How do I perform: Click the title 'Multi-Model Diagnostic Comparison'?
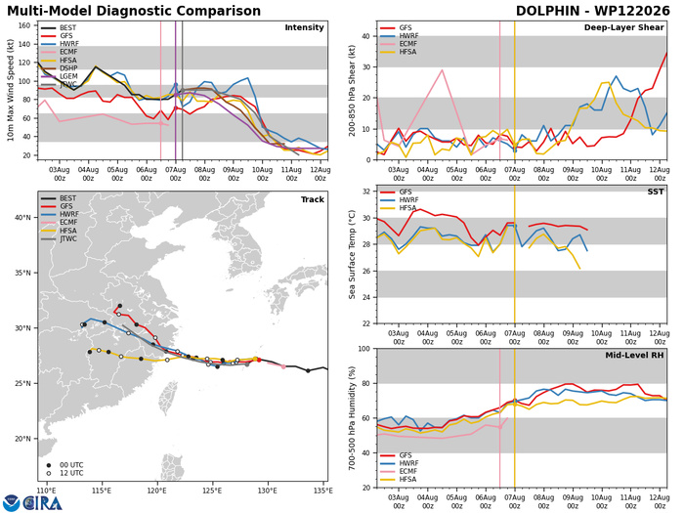[134, 11]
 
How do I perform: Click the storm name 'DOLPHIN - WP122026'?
[593, 11]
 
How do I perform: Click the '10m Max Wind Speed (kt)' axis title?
[11, 90]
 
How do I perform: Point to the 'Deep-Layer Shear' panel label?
[623, 27]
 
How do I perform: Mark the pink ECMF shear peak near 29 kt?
[443, 69]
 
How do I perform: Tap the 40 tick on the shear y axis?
[365, 36]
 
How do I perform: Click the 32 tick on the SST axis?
[366, 192]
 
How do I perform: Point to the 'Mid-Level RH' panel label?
[634, 356]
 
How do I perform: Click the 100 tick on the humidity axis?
[363, 349]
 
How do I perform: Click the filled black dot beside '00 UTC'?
[49, 465]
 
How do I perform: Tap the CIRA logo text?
[42, 503]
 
